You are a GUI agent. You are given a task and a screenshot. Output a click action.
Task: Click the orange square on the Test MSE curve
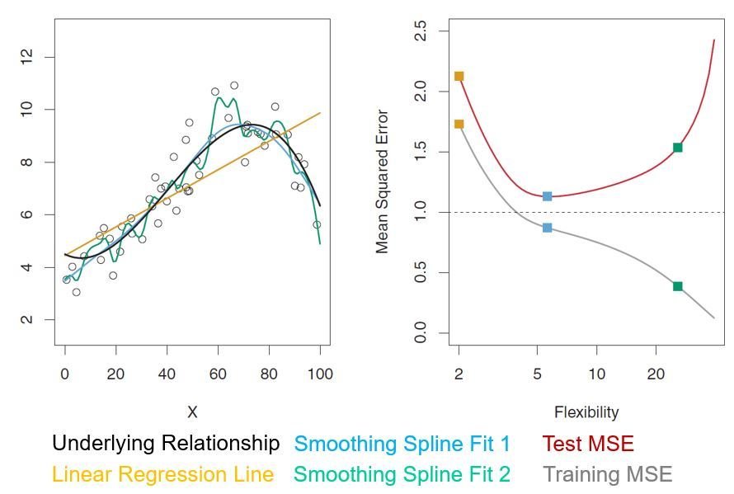[x=459, y=76]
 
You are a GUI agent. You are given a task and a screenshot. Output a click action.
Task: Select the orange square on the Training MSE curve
[x=459, y=124]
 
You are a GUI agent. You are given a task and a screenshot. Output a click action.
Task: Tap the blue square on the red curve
[x=547, y=196]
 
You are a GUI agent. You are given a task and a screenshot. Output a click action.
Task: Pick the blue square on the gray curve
[x=547, y=228]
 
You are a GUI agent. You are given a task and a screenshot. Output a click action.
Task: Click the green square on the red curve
[x=678, y=148]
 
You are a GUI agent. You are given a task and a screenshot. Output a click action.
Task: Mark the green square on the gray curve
[x=678, y=286]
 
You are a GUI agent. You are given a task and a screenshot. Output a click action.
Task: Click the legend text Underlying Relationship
[x=166, y=444]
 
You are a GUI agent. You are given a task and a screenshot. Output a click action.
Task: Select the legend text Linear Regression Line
[x=162, y=475]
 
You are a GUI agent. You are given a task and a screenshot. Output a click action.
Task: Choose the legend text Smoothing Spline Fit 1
[x=402, y=444]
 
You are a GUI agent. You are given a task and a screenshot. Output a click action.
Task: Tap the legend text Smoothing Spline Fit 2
[x=402, y=475]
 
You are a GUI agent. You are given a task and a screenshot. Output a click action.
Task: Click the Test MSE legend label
[x=588, y=444]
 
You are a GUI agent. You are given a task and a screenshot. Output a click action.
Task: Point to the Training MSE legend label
[x=608, y=475]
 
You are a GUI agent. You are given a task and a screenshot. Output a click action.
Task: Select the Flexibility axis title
[x=586, y=412]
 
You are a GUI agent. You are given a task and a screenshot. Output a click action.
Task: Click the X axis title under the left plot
[x=192, y=412]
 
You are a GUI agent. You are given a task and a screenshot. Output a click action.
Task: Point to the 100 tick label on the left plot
[x=320, y=374]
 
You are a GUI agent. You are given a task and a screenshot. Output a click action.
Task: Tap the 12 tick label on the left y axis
[x=26, y=57]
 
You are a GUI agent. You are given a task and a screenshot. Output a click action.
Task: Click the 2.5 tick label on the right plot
[x=421, y=31]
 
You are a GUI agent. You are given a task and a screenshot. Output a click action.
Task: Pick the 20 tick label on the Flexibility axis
[x=656, y=374]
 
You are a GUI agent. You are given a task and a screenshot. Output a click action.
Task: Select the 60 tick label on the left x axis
[x=218, y=374]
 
